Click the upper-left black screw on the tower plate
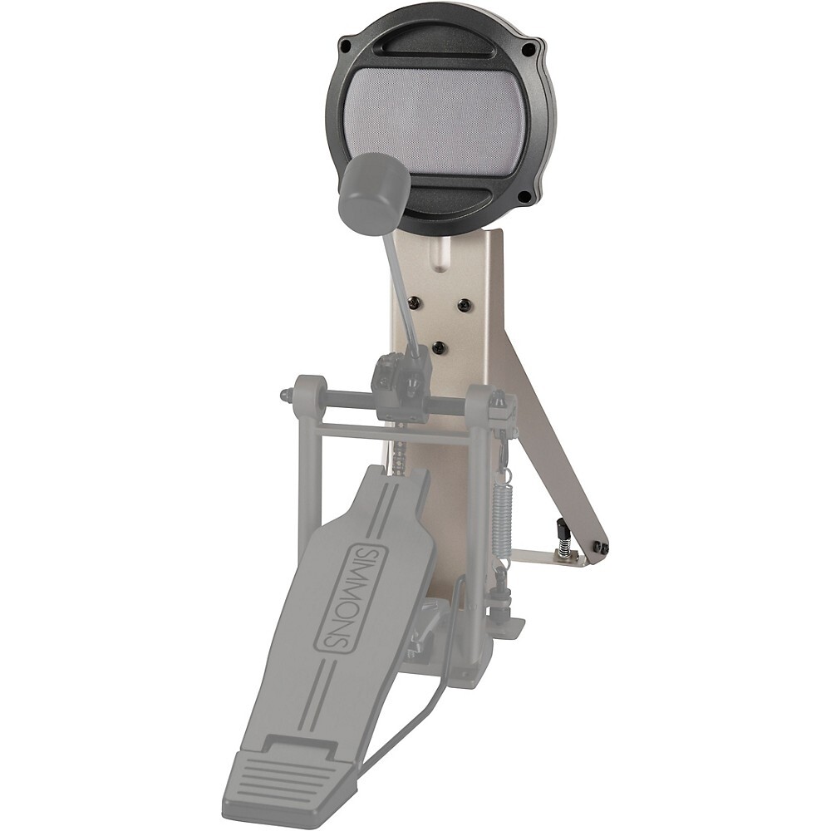point(412,302)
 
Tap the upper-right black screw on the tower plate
point(464,303)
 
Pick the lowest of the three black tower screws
point(440,347)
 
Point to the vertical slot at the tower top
point(440,253)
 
